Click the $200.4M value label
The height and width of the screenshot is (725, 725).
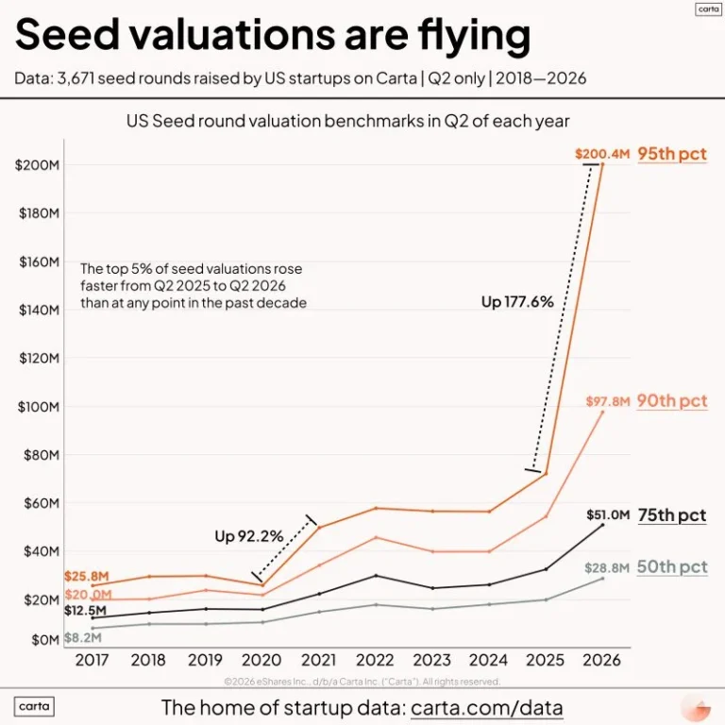[602, 154]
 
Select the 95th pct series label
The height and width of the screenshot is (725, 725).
[672, 154]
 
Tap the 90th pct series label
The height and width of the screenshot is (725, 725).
[672, 401]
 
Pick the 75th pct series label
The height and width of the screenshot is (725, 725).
[672, 515]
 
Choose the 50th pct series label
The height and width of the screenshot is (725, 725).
[672, 566]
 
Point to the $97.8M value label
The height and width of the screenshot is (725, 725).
[608, 401]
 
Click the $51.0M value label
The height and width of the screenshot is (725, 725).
[608, 514]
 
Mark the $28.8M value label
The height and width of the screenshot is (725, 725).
[607, 567]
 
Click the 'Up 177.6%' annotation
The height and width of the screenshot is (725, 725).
[517, 302]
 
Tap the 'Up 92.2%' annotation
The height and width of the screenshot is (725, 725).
[249, 536]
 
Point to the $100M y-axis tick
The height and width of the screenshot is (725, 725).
[39, 407]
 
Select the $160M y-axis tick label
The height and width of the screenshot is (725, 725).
[40, 262]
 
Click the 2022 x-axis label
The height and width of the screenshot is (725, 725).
[375, 660]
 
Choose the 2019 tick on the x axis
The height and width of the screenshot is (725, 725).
[205, 660]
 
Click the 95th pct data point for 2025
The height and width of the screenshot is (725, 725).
[546, 474]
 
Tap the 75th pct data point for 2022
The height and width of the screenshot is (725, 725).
[376, 575]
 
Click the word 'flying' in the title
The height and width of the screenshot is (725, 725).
[474, 35]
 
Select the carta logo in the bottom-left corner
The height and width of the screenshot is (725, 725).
[34, 706]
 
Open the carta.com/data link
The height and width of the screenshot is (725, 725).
[487, 708]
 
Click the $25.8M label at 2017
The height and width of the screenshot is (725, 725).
[87, 576]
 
